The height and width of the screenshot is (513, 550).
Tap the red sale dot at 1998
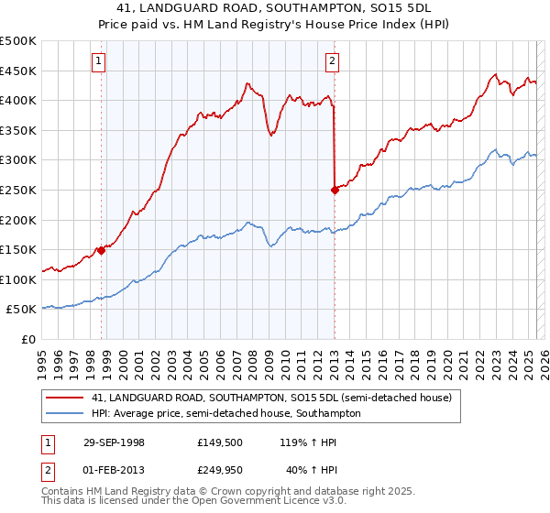coord(101,251)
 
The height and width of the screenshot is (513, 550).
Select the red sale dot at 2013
coord(335,191)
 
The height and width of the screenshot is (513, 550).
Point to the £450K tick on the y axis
coord(19,71)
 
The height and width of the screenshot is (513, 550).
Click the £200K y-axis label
coord(19,220)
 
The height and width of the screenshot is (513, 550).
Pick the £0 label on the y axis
coord(29,339)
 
